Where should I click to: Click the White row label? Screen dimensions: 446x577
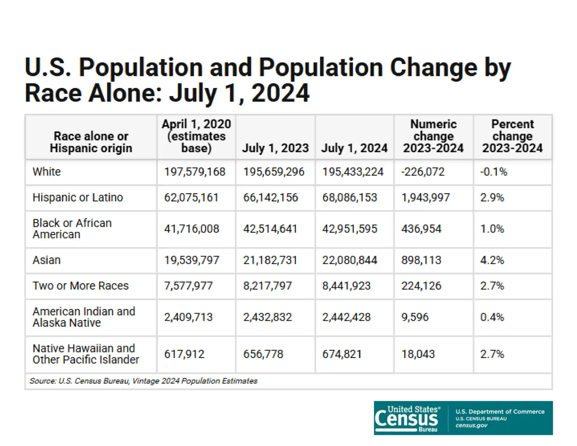point(47,172)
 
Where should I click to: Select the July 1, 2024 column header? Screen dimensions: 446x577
point(354,148)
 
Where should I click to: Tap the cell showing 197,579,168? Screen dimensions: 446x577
point(195,172)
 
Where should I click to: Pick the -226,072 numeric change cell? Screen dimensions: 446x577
point(423,172)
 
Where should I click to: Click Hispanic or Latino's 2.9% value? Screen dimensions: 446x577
point(492,198)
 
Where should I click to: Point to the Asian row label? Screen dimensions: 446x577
point(47,260)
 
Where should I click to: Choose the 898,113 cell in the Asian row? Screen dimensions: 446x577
point(421,260)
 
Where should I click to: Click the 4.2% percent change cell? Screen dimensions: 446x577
point(492,260)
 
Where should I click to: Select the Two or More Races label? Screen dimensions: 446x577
point(81,286)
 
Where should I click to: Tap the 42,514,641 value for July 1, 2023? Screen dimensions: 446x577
point(270,229)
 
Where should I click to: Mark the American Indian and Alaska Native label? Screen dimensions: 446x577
point(84,317)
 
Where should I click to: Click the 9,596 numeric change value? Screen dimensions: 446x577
point(415,317)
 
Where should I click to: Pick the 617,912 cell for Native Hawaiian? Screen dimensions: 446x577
point(184,354)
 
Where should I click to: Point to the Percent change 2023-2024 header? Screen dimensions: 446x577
point(512,136)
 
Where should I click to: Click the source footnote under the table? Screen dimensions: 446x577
point(143,381)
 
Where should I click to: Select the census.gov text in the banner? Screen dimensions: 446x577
point(471,426)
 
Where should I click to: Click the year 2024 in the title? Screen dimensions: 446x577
point(280,93)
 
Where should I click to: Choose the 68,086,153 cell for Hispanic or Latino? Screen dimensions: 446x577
point(350,198)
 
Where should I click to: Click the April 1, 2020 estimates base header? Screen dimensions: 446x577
point(196,136)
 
